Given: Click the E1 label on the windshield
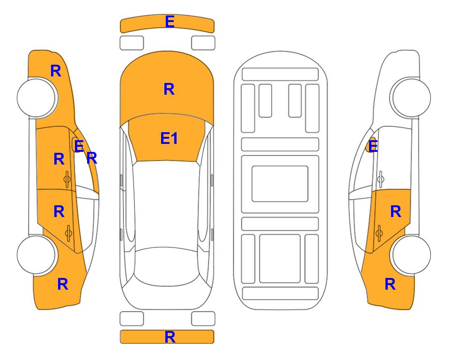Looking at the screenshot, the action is (169, 138).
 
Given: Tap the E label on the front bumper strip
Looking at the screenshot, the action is (170, 22).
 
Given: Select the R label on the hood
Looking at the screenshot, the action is (169, 89).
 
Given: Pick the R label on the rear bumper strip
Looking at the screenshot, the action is (170, 337).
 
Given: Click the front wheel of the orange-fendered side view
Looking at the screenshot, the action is (37, 98).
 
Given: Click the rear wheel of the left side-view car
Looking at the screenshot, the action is (37, 255).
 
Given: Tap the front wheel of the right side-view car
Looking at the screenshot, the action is (411, 98).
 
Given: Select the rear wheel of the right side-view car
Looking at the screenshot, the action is (411, 255).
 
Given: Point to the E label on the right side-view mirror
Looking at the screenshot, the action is (373, 146).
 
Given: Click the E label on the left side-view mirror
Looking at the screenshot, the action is (79, 146).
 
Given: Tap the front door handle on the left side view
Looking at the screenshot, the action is (67, 179).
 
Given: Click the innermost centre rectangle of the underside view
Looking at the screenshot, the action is (280, 184).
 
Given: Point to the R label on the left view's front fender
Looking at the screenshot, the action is (56, 71).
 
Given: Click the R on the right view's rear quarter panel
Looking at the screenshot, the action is (390, 284).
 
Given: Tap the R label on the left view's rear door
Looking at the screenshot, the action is (59, 212).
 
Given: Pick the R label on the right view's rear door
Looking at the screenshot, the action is (395, 212).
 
